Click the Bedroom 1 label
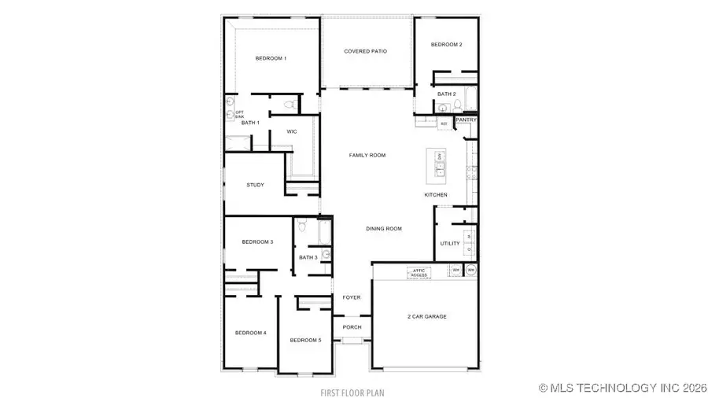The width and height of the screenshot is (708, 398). point(271,59)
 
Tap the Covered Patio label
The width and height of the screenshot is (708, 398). point(366,52)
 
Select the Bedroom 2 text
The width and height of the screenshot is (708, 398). point(446,45)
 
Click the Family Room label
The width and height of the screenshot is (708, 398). point(367,156)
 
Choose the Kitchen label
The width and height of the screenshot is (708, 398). point(436,195)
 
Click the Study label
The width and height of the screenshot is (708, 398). point(255,186)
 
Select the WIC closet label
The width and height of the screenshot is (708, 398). point(291,131)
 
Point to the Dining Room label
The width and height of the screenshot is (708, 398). point(384,229)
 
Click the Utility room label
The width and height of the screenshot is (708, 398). point(450,244)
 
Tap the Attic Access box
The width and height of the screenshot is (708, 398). point(419,273)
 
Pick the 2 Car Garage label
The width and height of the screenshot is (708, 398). point(427,317)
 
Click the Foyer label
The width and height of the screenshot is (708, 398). point(352,298)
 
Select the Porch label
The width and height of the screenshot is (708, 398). point(352,327)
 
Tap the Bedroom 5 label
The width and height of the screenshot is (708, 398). point(305,340)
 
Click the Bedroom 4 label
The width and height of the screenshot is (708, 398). point(251,334)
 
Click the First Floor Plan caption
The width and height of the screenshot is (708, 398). point(352,392)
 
